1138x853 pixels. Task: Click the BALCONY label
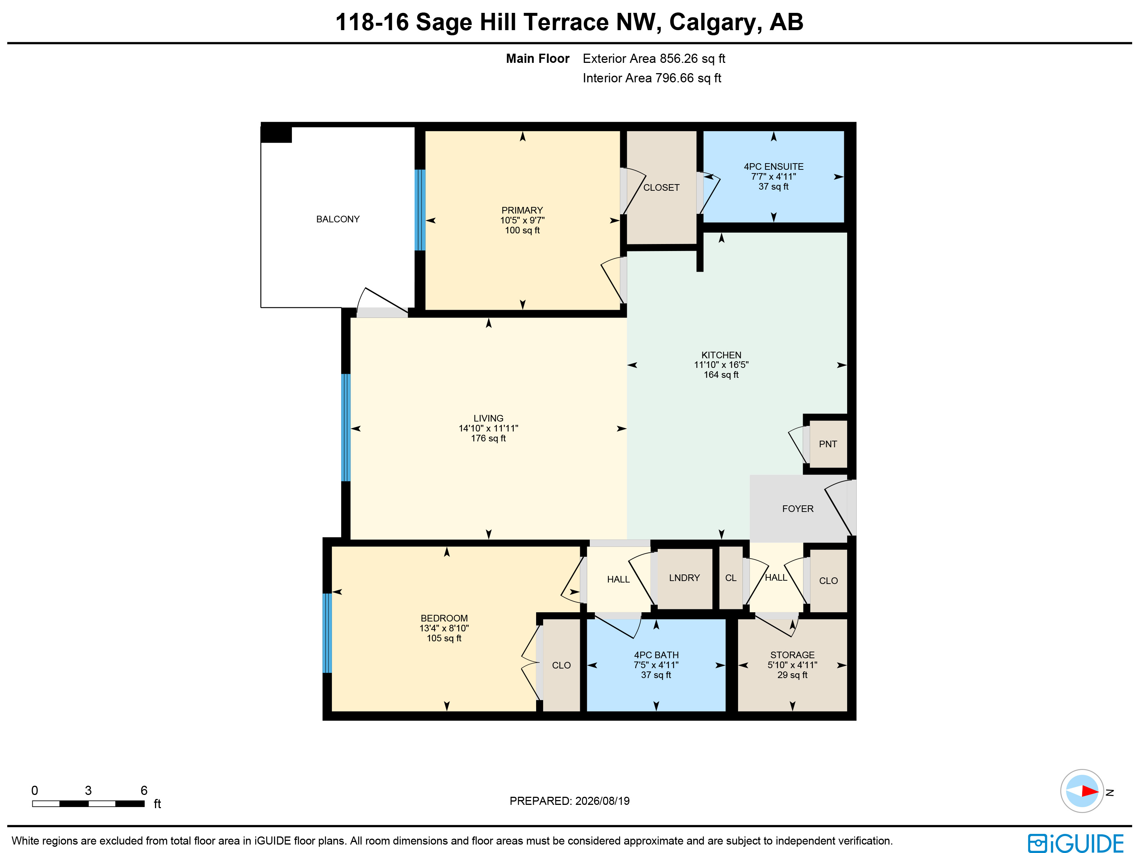337,219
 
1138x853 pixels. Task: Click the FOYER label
798,509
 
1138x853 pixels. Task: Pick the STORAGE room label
792,655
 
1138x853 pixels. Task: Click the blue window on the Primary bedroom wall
420,210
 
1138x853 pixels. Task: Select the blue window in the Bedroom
327,633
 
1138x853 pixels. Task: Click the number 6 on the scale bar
144,790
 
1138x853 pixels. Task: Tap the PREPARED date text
570,801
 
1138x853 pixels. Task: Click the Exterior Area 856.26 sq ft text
654,59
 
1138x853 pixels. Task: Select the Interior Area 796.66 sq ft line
652,78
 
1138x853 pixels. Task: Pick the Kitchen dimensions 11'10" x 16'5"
721,365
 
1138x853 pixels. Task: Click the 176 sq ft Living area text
488,438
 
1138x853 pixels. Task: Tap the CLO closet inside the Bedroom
561,666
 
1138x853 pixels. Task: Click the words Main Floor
538,59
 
